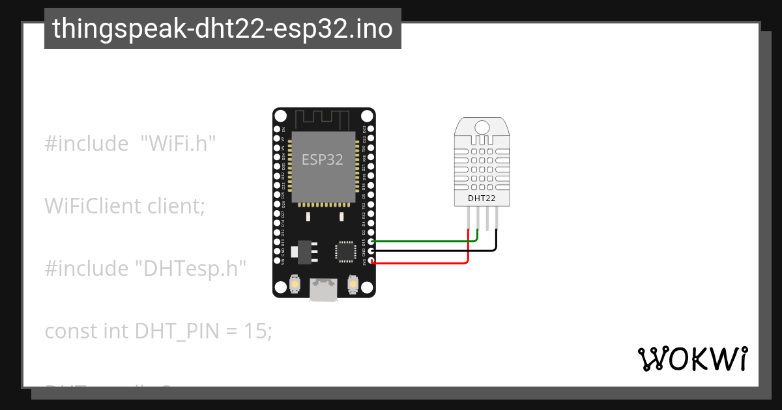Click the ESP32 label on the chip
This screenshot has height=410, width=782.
click(x=323, y=159)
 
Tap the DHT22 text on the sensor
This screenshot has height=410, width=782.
click(x=482, y=197)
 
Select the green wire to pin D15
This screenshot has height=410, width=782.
click(x=424, y=241)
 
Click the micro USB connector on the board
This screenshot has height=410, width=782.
click(x=324, y=289)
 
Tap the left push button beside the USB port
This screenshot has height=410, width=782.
click(x=295, y=285)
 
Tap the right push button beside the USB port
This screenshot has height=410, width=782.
click(x=353, y=285)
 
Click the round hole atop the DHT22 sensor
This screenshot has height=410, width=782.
click(x=482, y=127)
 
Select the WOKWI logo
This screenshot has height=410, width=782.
click(x=692, y=359)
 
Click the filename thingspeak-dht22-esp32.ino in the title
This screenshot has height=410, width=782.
click(x=223, y=29)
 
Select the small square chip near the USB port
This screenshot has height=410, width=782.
click(x=345, y=251)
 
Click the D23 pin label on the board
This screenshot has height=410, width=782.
click(x=364, y=129)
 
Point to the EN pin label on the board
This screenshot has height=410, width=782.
click(x=283, y=129)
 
